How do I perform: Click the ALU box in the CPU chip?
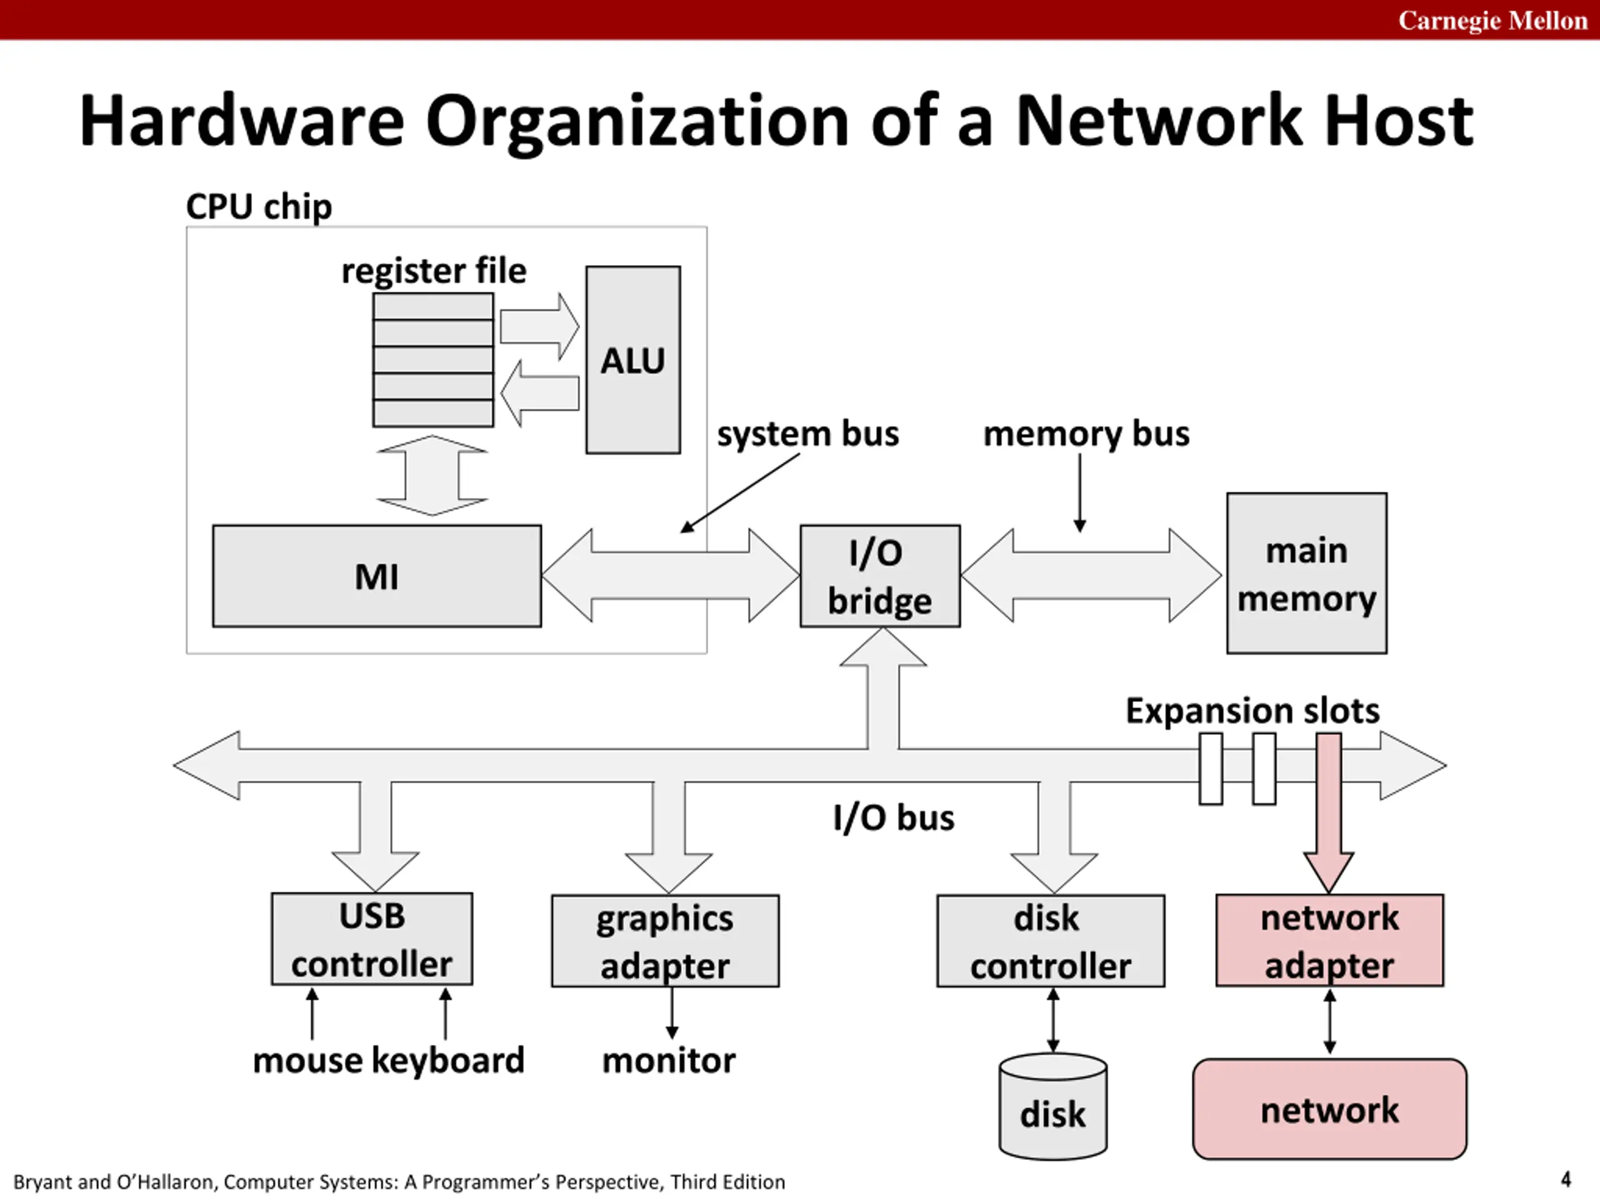pos(633,359)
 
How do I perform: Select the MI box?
pos(377,576)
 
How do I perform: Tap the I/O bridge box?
pos(880,576)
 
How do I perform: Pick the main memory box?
pos(1306,573)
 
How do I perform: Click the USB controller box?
pos(372,939)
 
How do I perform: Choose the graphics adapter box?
pos(666,941)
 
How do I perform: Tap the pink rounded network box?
pos(1329,1109)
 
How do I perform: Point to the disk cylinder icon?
pos(1052,1107)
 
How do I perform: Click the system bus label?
pos(808,434)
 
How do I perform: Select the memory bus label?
pos(1086,434)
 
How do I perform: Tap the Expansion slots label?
pos(1252,710)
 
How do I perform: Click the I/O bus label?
pos(893,817)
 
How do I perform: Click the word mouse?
pos(308,1062)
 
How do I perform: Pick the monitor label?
pos(669,1061)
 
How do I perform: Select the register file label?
pos(434,271)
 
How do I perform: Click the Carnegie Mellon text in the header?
pos(1493,20)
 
